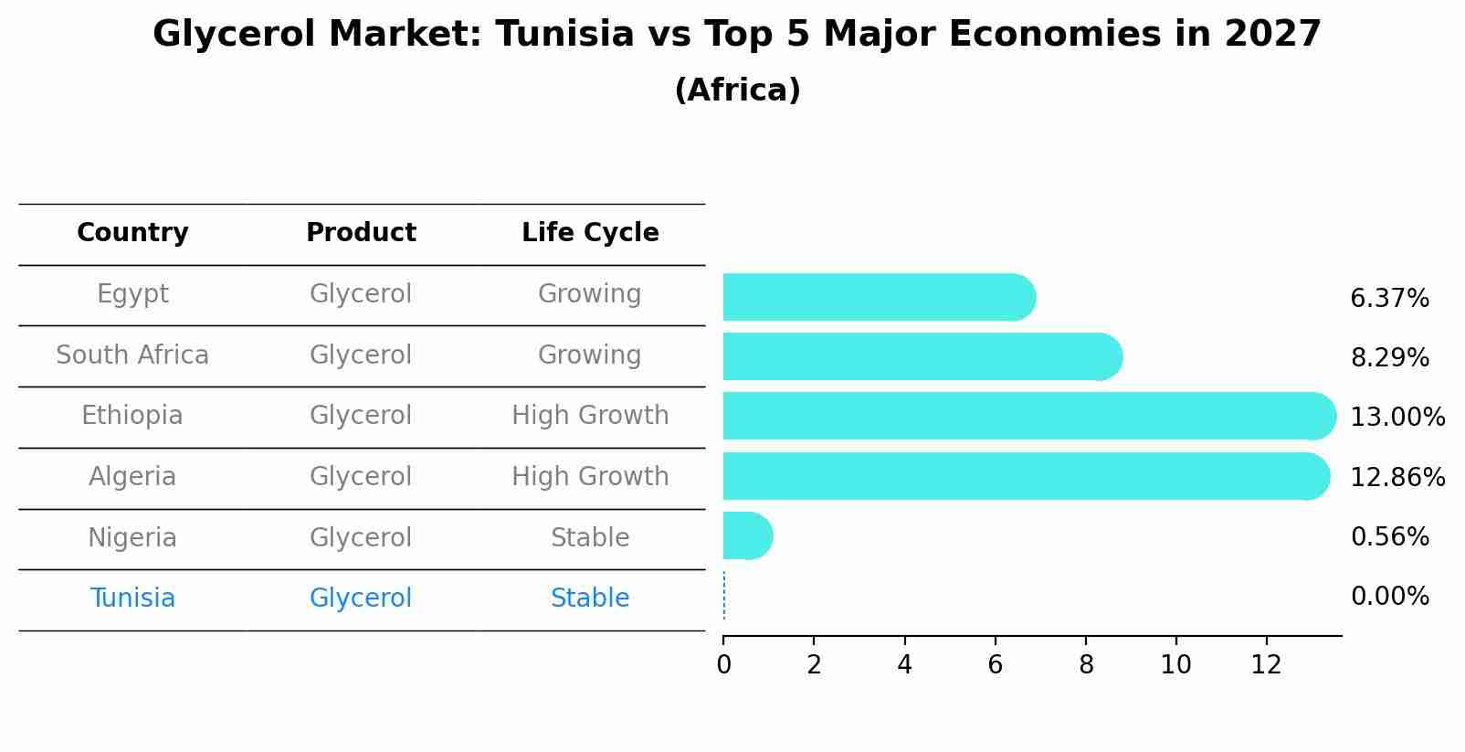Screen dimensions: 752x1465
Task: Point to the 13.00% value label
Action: click(1396, 418)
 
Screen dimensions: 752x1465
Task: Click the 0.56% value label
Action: click(1389, 537)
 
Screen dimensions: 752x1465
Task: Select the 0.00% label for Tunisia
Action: click(1389, 598)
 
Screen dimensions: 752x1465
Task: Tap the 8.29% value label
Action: click(1389, 358)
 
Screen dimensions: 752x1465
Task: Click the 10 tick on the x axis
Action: click(1175, 665)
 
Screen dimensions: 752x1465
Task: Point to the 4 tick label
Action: click(904, 665)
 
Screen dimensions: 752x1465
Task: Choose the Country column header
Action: click(132, 233)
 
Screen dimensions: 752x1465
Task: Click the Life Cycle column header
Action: click(590, 233)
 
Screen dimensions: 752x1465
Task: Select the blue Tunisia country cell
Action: click(132, 598)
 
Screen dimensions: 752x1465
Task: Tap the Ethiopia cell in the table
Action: click(132, 416)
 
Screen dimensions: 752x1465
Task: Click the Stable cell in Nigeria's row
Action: click(590, 538)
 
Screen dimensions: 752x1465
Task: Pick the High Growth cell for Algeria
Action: click(590, 477)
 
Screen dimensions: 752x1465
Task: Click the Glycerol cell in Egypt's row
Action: click(361, 294)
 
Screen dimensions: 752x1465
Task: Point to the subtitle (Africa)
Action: click(737, 90)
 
